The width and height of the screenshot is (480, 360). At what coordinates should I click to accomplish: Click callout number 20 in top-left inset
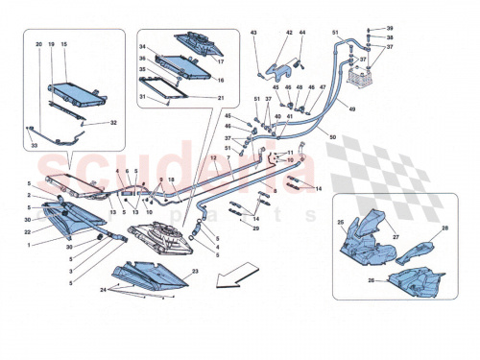[x=39, y=45]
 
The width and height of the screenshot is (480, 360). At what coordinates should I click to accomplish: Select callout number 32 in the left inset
[x=113, y=123]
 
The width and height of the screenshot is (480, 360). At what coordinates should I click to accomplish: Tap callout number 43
[x=255, y=34]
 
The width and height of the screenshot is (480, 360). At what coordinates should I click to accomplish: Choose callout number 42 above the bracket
[x=287, y=34]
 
